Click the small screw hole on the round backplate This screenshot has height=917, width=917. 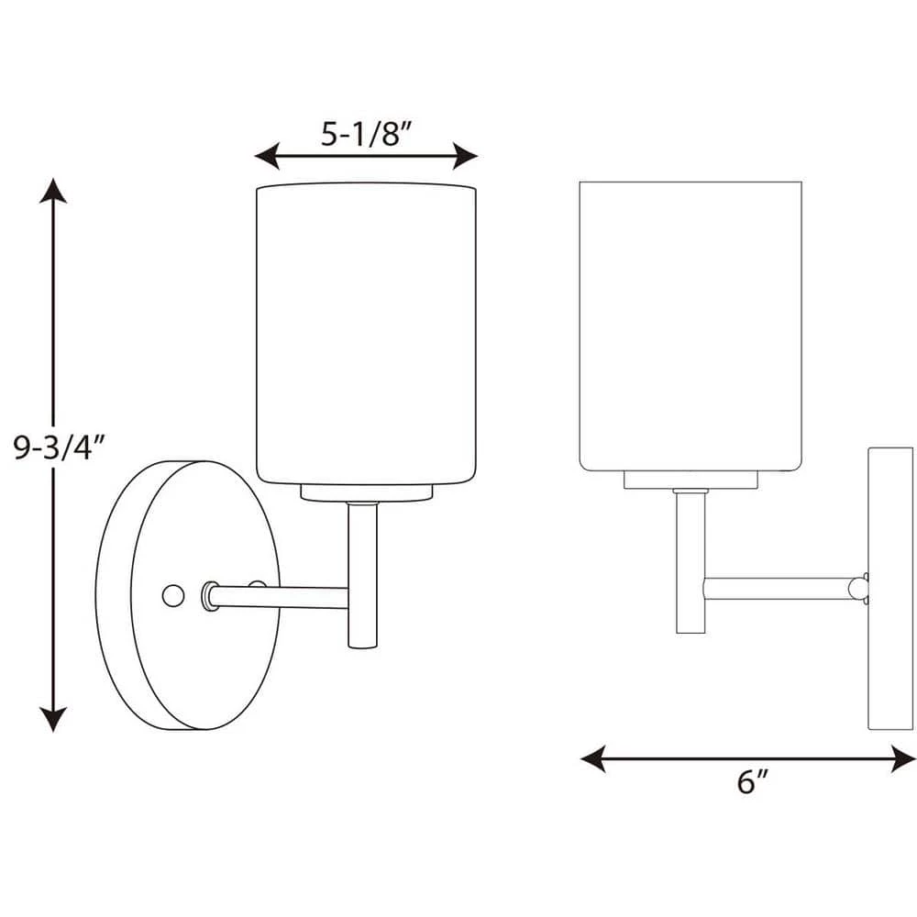click(x=171, y=595)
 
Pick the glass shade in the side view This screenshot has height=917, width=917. click(x=691, y=326)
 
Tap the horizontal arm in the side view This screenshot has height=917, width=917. click(x=779, y=588)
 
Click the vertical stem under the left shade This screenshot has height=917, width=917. click(x=362, y=573)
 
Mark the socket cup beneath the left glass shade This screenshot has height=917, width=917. click(x=367, y=492)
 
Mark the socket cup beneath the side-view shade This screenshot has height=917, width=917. click(x=691, y=480)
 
